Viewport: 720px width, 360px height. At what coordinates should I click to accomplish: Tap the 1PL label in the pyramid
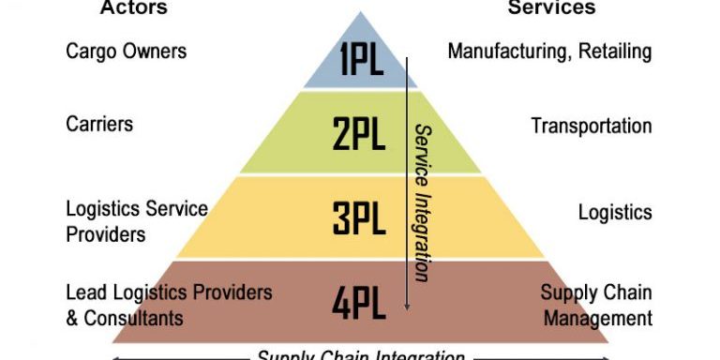click(x=360, y=62)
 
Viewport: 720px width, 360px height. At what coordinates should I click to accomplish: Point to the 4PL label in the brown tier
click(x=360, y=302)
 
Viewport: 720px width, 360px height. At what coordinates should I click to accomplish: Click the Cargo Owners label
click(x=126, y=50)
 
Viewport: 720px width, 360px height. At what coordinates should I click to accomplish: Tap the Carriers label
click(x=99, y=124)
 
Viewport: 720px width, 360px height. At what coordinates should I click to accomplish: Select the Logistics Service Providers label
click(x=136, y=221)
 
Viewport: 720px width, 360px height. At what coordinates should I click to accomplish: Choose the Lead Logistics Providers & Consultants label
click(x=169, y=305)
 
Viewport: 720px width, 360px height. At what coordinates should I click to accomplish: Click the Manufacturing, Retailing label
click(x=549, y=51)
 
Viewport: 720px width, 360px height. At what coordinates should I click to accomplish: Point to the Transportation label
click(x=591, y=126)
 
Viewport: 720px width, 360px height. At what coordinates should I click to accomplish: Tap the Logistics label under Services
click(x=614, y=212)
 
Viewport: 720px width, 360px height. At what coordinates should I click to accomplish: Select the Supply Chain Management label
click(x=596, y=306)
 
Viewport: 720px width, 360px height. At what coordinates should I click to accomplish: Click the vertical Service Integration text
click(x=422, y=202)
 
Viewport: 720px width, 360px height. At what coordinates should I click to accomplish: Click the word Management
click(x=598, y=319)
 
